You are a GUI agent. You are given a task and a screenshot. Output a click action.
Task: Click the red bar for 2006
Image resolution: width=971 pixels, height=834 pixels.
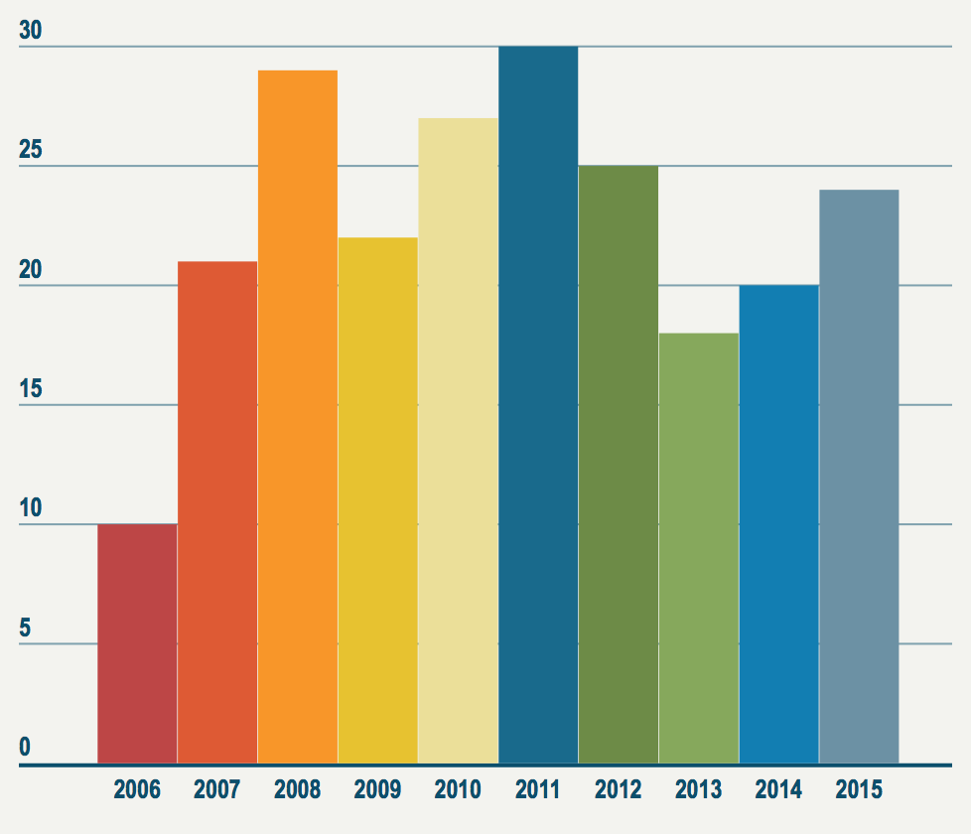coord(137,643)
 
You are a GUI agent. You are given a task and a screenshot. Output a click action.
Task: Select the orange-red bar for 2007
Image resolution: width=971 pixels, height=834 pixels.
coord(217,512)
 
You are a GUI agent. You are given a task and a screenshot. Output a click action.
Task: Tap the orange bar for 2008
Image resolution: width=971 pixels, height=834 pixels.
coord(298,417)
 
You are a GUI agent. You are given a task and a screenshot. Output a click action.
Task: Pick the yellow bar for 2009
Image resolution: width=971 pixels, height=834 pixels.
coord(377,500)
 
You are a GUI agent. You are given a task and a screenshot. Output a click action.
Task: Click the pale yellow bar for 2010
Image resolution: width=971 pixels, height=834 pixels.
coord(458,441)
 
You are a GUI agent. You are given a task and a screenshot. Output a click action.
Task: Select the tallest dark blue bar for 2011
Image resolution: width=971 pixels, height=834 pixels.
coord(538,405)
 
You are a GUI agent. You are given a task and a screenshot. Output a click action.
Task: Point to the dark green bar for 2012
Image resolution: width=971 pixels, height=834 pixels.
coord(618,465)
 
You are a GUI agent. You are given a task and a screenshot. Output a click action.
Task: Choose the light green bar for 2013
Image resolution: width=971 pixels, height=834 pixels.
coord(698,548)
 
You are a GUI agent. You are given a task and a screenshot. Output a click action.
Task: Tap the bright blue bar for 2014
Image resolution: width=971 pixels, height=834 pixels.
coord(778,524)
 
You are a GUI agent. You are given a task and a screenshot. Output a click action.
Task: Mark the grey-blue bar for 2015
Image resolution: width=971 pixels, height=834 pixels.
coord(859,477)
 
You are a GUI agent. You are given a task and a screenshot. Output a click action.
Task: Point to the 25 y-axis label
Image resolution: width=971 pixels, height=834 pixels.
coord(31,151)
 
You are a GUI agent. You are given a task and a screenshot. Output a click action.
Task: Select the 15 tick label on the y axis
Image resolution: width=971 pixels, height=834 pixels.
coord(31,389)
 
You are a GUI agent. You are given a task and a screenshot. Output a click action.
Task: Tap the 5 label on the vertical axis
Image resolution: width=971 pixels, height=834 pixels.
coord(25,628)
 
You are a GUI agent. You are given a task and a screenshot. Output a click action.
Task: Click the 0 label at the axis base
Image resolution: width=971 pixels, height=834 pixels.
coord(25,748)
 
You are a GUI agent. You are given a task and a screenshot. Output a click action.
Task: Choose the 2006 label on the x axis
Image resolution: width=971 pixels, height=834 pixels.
coord(137,790)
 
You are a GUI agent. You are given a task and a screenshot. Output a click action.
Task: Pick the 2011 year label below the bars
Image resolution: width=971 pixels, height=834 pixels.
coord(538,790)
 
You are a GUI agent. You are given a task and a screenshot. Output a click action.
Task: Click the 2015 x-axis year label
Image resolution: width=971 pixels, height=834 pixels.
coord(859,790)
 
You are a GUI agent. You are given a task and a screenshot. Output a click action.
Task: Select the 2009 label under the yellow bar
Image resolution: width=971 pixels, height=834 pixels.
coord(377,790)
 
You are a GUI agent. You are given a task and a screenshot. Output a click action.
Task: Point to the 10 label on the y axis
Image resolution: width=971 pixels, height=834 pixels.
coord(31,508)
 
